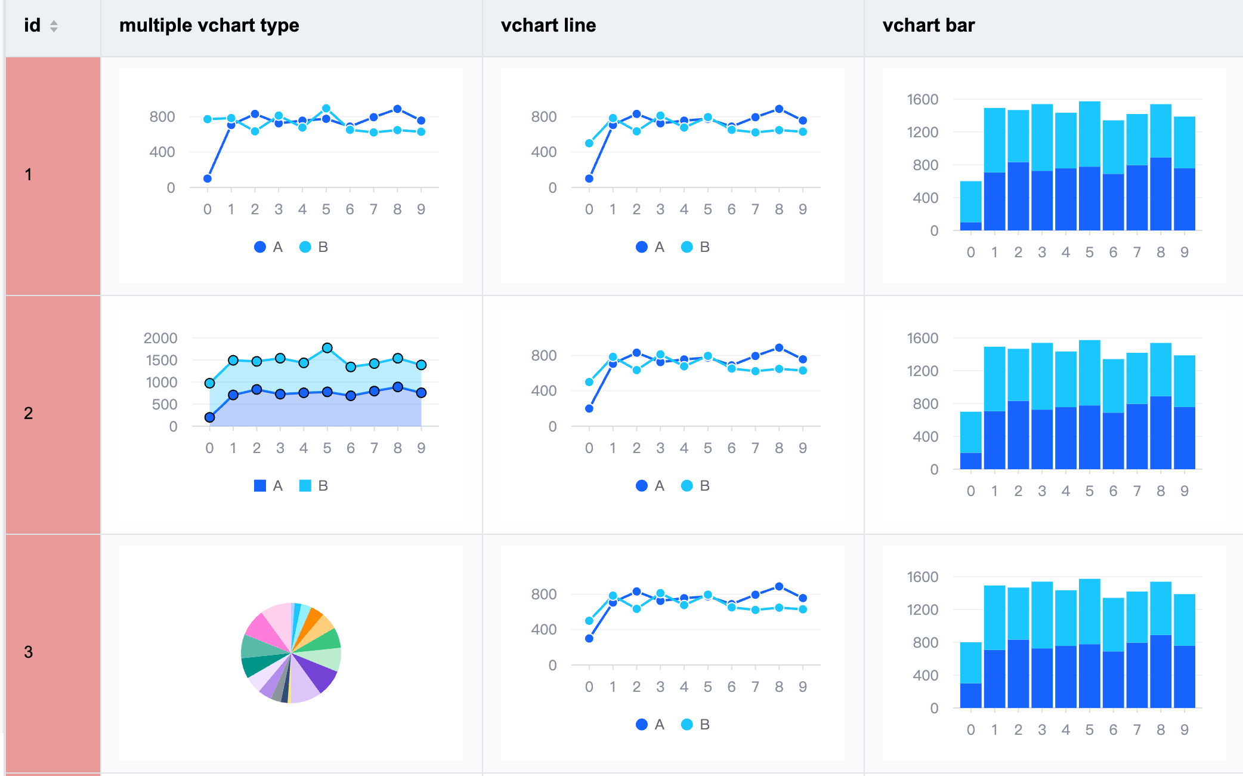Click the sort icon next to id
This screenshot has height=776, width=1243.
tap(54, 26)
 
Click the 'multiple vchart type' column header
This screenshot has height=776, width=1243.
tap(209, 26)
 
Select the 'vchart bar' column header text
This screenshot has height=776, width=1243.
tap(928, 26)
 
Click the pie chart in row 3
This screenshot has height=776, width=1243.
tap(291, 652)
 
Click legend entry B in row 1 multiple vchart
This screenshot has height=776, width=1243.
tap(314, 247)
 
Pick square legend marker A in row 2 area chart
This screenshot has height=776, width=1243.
tap(260, 486)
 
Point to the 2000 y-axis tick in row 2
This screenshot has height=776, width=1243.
tap(160, 338)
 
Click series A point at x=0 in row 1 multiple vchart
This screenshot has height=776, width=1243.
tap(208, 178)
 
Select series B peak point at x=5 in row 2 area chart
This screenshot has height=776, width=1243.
tap(327, 347)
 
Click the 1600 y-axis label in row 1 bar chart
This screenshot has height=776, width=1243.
tap(922, 100)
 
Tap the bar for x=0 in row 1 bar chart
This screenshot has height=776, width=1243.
tap(970, 206)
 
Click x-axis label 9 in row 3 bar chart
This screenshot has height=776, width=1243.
tap(1185, 729)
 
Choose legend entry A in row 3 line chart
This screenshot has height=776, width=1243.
tap(650, 725)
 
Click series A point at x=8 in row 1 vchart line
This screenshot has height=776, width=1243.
tap(779, 109)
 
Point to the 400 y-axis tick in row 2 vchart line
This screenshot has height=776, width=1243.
tap(543, 390)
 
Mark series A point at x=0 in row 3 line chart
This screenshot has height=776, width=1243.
tap(589, 638)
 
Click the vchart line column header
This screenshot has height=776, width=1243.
tap(548, 26)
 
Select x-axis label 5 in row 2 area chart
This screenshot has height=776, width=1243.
tap(327, 448)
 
